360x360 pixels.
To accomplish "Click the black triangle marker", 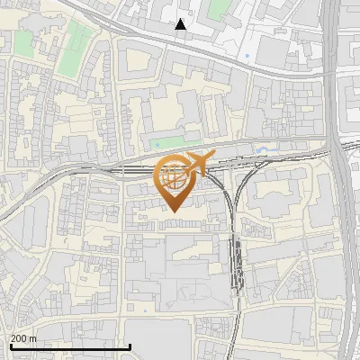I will pos(181,24).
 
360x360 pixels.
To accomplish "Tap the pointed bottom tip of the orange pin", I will pos(173,211).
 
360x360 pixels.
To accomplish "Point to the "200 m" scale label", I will pos(24,338).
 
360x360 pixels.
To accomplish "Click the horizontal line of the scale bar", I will pos(70,346).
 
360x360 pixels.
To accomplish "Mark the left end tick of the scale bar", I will pos(10,346).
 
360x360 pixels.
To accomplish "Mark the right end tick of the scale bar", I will pos(130,346).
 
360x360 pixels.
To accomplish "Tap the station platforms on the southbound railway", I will pos(236,261).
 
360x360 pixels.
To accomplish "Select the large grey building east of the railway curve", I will pos(274,193).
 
